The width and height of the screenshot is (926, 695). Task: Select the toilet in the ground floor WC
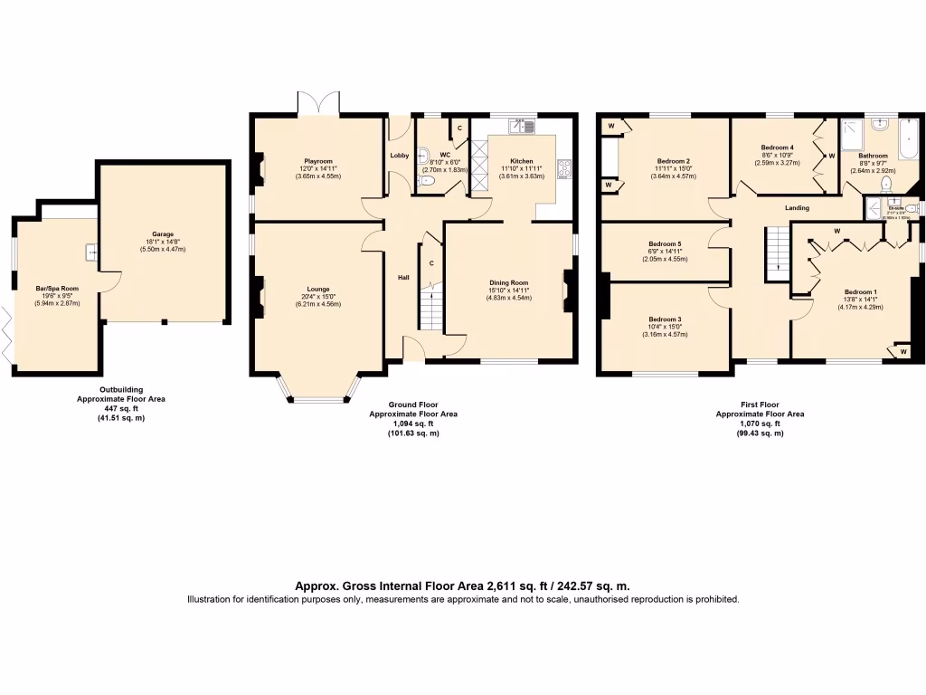(429, 182)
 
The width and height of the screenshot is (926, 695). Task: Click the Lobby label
(399, 156)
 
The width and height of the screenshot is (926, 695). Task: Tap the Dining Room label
(507, 281)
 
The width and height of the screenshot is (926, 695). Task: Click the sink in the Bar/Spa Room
(91, 252)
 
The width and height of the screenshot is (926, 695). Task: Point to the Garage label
(163, 234)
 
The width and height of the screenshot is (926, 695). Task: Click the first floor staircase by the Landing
(775, 253)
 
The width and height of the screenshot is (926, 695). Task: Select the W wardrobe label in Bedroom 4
(831, 156)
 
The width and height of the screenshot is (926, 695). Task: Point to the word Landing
(797, 208)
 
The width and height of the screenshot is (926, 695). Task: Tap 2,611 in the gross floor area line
(506, 586)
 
